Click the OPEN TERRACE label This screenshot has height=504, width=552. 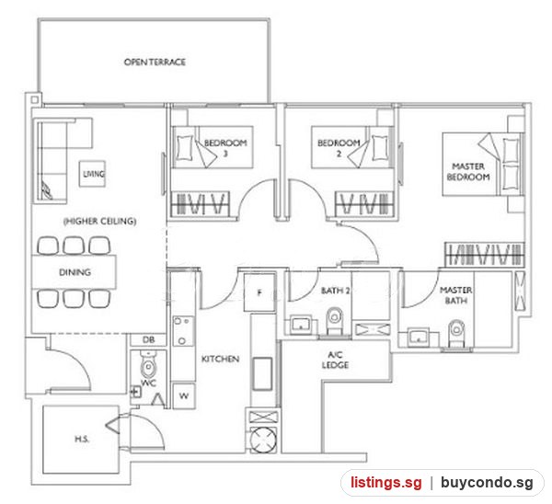coord(155,62)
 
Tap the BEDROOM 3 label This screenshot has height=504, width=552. coord(225,148)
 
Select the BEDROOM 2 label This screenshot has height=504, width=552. coord(339,148)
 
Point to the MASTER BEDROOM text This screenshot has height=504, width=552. coord(468,171)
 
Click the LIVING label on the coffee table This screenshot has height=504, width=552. coord(94,174)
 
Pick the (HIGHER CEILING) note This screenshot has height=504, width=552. coord(99,221)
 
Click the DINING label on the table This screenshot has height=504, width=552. coord(75,272)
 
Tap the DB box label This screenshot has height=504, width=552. coord(148,340)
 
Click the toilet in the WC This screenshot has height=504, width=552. coord(148,363)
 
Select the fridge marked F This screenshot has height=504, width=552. coord(259,292)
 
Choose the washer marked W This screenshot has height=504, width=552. coord(183,396)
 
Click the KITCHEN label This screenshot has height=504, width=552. coord(221,359)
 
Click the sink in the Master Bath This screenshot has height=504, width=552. coord(419,338)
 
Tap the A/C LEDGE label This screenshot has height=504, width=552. coord(335,360)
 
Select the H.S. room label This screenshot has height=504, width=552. coord(82,439)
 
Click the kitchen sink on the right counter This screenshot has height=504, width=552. coord(262,373)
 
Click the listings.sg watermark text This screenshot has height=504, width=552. coord(385,482)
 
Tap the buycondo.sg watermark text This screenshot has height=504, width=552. coord(487,483)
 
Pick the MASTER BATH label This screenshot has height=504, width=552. coord(456,295)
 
